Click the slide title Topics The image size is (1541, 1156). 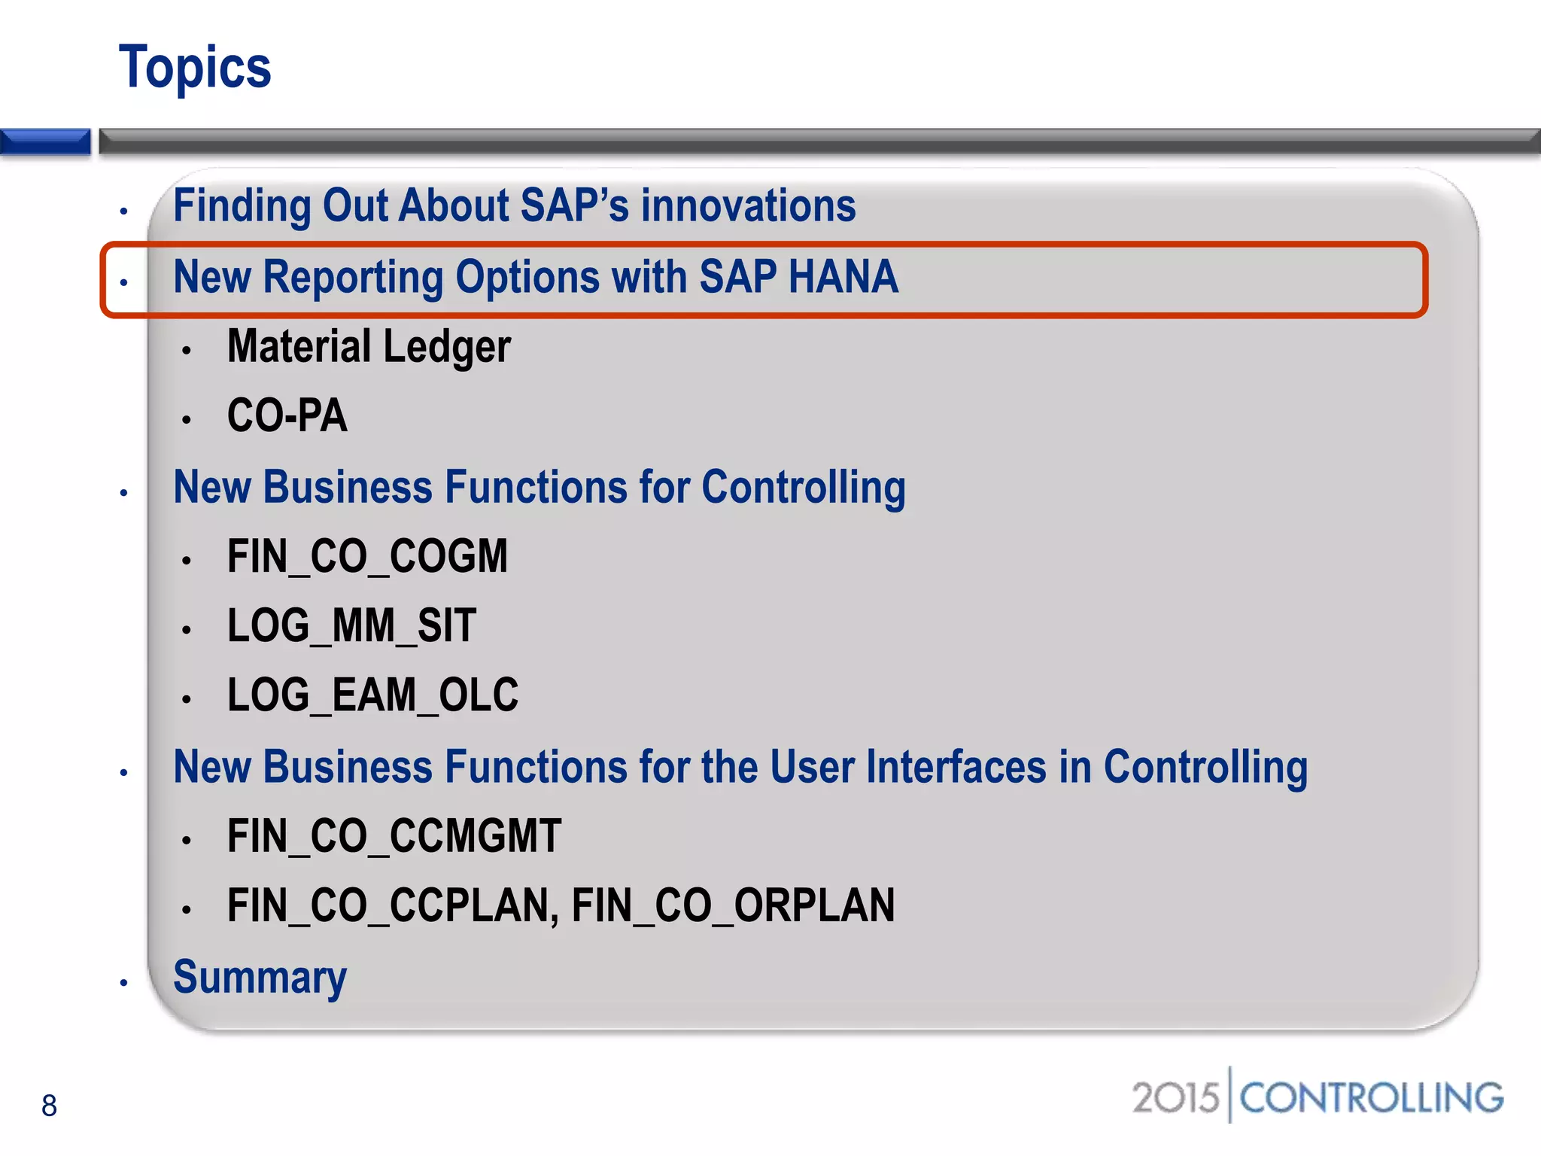(x=195, y=68)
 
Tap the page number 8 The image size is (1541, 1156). (x=49, y=1106)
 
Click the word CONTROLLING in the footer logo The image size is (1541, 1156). (x=1371, y=1098)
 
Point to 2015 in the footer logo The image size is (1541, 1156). (x=1175, y=1098)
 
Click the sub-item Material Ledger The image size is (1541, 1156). (x=369, y=347)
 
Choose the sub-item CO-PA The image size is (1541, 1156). (x=287, y=416)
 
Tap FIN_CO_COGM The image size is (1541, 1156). (x=367, y=557)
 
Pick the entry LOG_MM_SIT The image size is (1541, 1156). (x=351, y=626)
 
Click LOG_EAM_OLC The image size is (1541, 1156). (x=372, y=695)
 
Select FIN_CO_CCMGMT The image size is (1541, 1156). (x=394, y=836)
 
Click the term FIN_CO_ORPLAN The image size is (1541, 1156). (x=733, y=905)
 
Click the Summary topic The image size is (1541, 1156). (x=260, y=978)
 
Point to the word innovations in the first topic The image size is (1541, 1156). (x=748, y=206)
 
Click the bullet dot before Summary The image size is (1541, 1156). (x=124, y=983)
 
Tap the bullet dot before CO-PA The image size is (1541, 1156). (x=187, y=420)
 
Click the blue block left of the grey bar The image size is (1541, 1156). (x=45, y=141)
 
